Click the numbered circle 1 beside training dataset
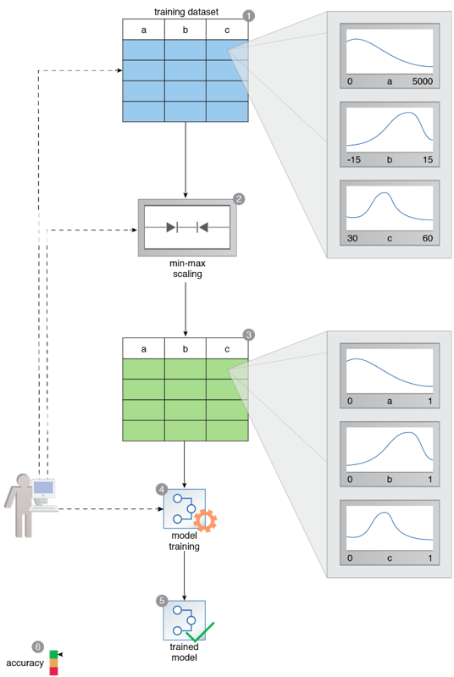coord(248,16)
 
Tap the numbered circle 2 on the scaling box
coord(239,199)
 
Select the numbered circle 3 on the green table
coord(248,335)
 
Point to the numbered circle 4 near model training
coord(162,489)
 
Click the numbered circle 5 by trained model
coord(162,601)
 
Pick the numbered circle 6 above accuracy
coord(38,646)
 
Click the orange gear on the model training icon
coord(205,521)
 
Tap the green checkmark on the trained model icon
coord(200,632)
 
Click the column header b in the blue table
coord(185,30)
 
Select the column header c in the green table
coord(228,349)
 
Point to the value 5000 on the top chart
coord(422,81)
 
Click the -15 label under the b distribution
coord(354,160)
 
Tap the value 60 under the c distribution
coord(428,238)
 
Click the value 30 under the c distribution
coord(352,238)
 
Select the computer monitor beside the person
coord(43,490)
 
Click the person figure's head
coord(24,481)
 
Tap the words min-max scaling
coord(187,269)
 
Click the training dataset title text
coord(186,12)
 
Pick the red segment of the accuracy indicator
coord(53,671)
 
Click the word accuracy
coord(25,663)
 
